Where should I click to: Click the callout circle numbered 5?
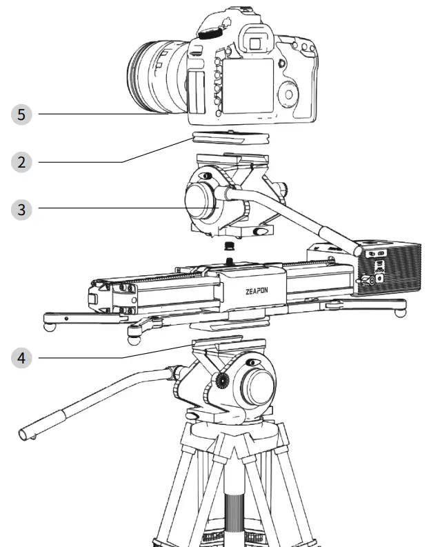(21, 114)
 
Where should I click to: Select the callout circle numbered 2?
(21, 162)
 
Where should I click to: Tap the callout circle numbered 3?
(21, 209)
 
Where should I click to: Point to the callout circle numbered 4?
(21, 357)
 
